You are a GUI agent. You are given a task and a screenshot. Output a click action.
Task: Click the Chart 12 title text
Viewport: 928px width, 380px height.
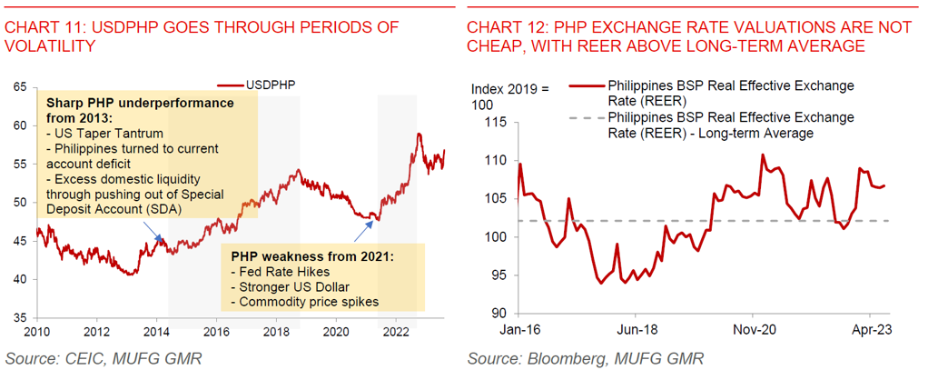689,35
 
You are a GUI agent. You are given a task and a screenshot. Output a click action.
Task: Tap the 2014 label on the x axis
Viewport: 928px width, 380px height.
155,331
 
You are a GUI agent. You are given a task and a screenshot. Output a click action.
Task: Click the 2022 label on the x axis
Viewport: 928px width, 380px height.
396,331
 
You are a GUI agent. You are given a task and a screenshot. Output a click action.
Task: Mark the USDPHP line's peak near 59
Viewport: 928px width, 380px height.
419,135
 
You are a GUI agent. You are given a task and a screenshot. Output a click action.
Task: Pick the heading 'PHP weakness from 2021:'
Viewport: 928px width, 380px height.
309,257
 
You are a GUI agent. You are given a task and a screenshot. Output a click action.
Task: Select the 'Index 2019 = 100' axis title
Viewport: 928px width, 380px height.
510,97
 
